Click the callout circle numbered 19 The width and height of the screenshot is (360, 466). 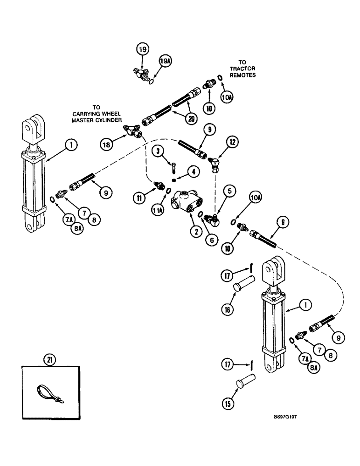tap(143, 49)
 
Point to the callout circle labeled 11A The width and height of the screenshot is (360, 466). tap(158, 211)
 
